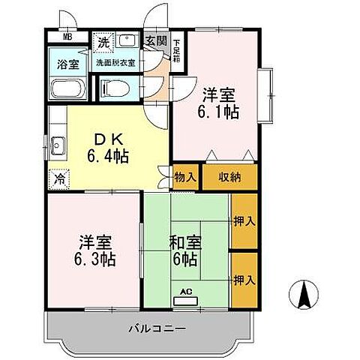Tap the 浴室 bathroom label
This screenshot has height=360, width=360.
(68, 64)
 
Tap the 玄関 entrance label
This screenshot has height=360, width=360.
(156, 41)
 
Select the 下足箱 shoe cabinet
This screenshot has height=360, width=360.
(177, 50)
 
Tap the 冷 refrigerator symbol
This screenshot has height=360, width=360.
(59, 180)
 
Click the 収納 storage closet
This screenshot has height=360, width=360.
(229, 177)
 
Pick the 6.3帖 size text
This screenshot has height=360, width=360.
(94, 259)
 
